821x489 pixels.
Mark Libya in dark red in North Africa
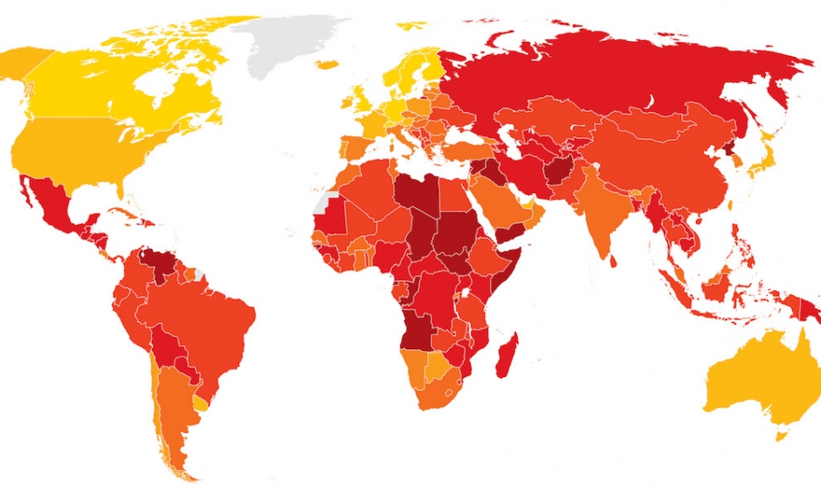(415, 196)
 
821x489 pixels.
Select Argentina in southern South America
(175, 402)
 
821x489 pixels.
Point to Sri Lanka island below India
(613, 259)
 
